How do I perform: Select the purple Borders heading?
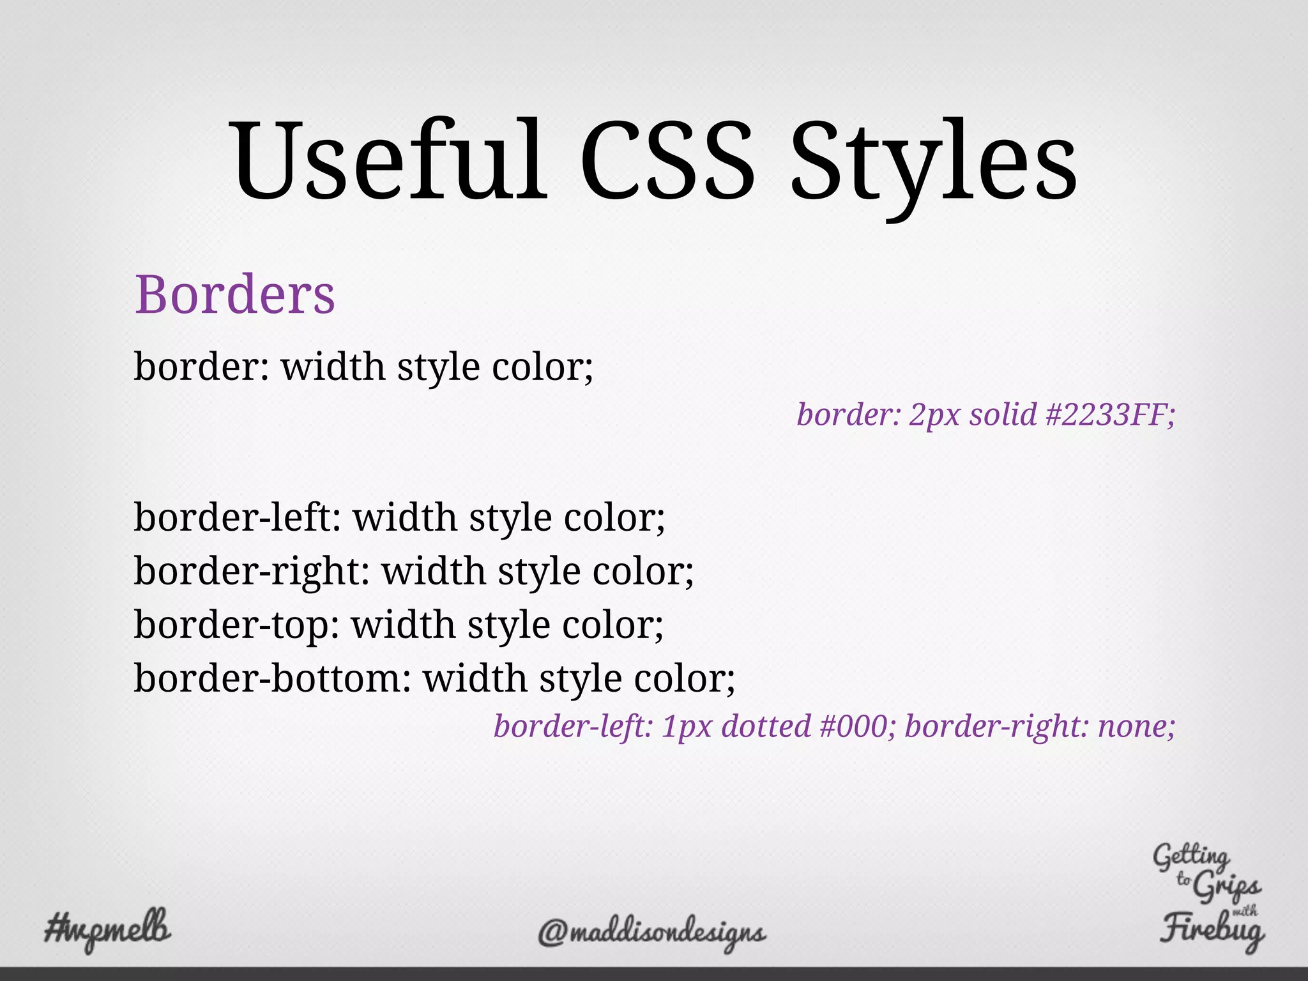[x=234, y=295]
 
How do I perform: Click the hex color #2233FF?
[x=1111, y=415]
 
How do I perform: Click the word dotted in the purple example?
[x=766, y=727]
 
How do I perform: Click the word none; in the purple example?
[x=1136, y=727]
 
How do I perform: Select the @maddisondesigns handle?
[x=651, y=933]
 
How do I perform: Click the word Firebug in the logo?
[x=1212, y=930]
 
